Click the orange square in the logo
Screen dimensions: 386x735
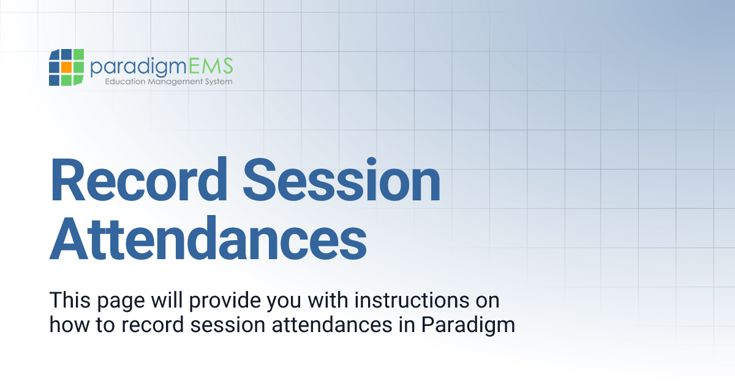point(66,67)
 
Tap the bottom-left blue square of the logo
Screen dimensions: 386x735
point(55,80)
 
